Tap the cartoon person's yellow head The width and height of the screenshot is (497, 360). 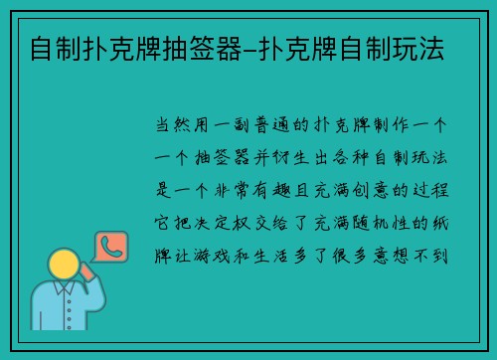(x=66, y=265)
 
